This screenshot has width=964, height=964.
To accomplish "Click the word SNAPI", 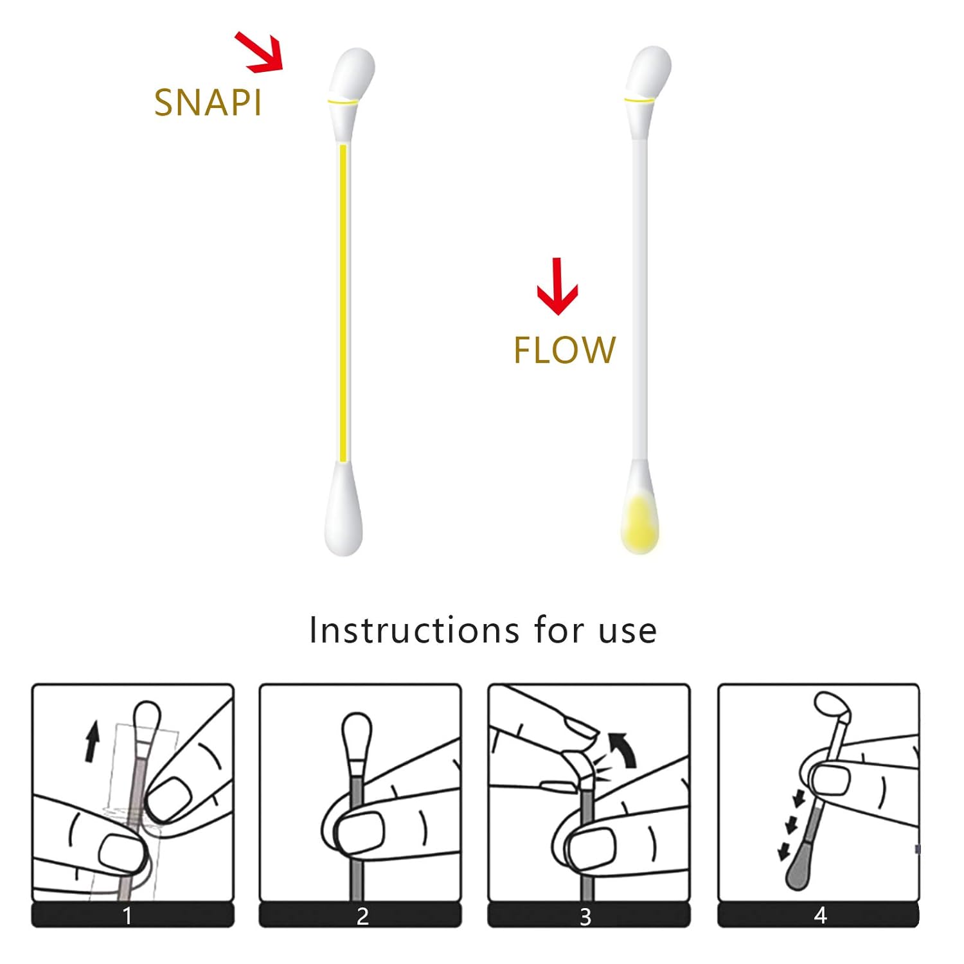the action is (208, 102).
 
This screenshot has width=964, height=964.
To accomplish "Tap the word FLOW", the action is (564, 350).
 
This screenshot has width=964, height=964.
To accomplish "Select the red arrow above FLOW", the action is (557, 286).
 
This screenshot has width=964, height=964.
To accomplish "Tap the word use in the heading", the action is (628, 631).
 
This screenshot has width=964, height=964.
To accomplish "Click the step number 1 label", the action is (127, 915).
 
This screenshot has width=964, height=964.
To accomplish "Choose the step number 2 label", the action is (362, 916).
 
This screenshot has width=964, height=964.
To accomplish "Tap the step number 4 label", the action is (820, 915).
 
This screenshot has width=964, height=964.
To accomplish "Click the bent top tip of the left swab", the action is (352, 72).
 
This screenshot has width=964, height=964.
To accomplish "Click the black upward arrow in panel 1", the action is (93, 741).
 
